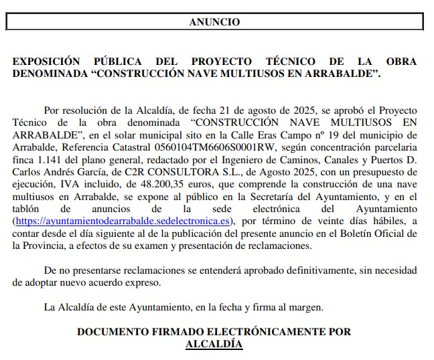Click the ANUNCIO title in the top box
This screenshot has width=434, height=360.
point(214,22)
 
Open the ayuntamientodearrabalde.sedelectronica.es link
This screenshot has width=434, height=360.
point(123,219)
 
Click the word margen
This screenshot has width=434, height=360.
point(306,307)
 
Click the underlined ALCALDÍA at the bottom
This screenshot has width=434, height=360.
point(214,344)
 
